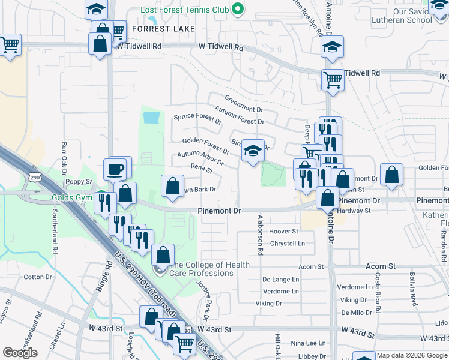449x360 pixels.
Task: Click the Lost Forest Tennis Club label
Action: point(185,10)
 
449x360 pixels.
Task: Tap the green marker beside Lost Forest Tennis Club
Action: point(238,10)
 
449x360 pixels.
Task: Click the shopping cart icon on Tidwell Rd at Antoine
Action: point(333,79)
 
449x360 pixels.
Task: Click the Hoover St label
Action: point(283,231)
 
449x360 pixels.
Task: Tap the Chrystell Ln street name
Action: point(288,243)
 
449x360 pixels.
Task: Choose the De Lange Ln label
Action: point(280,280)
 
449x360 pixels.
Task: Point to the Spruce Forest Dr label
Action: point(197,117)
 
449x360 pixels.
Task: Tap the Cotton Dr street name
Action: point(38,277)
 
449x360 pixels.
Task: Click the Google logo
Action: point(20,353)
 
